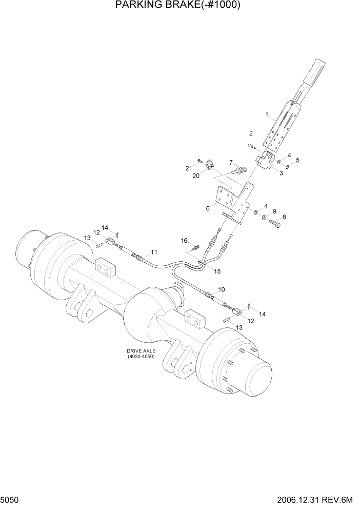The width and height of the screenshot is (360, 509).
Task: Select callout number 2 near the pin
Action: click(251, 133)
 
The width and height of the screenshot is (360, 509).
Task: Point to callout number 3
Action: click(281, 173)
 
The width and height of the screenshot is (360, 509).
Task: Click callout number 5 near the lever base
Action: click(297, 160)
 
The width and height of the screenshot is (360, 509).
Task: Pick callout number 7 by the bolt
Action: click(231, 162)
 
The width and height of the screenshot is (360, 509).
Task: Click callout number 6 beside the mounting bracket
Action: click(208, 208)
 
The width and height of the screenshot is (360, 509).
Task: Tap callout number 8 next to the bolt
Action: click(284, 217)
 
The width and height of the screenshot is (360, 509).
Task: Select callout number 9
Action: click(274, 211)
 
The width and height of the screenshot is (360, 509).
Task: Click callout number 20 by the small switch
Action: click(195, 175)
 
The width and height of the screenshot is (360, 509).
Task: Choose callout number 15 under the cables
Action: click(217, 270)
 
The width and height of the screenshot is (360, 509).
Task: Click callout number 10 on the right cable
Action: click(221, 290)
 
